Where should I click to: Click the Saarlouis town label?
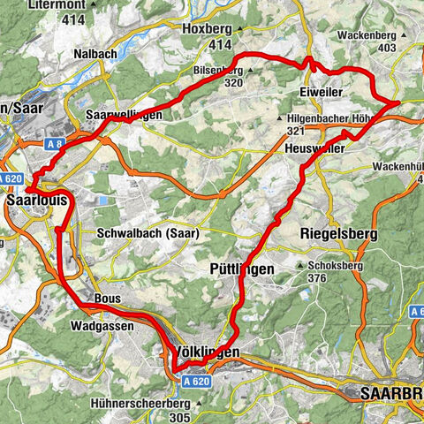pyautogui.click(x=36, y=202)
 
